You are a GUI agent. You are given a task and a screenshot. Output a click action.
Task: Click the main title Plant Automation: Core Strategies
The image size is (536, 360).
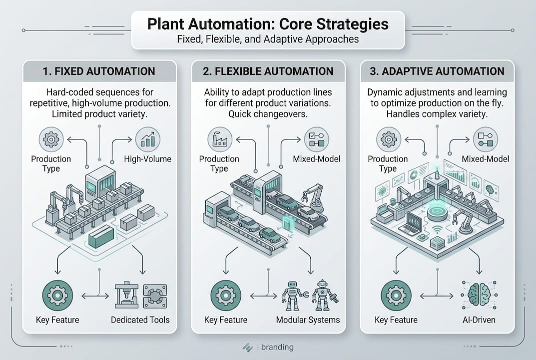(268, 23)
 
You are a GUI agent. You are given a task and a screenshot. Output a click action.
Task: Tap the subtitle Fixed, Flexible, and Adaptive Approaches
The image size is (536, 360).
(268, 39)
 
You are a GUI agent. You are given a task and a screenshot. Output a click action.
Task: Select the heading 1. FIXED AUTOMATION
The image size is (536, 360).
(99, 71)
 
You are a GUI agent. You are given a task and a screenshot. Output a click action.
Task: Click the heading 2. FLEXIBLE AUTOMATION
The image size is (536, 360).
(268, 71)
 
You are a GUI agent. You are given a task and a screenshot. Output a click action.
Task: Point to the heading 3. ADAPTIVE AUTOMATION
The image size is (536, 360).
(437, 71)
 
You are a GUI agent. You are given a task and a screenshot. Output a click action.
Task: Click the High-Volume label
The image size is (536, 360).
(147, 159)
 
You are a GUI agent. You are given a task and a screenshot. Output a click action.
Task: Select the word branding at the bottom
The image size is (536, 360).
(277, 347)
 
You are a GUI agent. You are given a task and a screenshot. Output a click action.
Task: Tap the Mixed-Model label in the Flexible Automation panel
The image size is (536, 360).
(316, 159)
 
